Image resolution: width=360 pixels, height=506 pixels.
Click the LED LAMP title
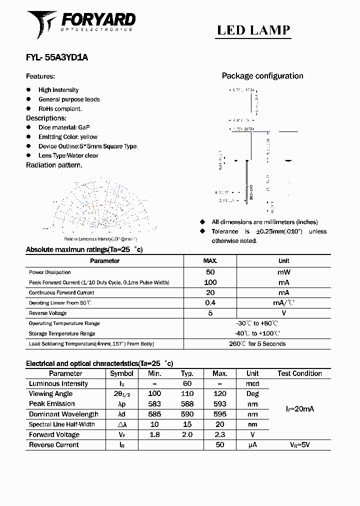click(253, 30)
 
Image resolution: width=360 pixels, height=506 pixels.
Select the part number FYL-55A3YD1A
click(57, 57)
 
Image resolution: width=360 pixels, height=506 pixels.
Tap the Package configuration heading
click(262, 76)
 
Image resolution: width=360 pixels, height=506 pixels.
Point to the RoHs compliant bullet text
click(60, 108)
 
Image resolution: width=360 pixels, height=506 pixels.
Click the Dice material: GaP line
click(64, 127)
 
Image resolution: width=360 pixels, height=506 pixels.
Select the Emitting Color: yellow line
click(68, 137)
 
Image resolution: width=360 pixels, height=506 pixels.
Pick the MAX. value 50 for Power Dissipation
click(210, 272)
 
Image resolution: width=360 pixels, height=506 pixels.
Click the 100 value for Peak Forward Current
click(210, 282)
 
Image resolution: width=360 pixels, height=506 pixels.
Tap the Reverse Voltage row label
click(47, 313)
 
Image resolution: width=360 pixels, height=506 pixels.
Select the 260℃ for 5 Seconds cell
click(257, 344)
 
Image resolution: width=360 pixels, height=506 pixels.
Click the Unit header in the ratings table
click(283, 261)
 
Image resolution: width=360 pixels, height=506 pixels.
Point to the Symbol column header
click(121, 373)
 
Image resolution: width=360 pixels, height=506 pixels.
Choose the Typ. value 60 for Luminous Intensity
click(187, 383)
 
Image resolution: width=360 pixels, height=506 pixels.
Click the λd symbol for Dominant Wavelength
click(121, 414)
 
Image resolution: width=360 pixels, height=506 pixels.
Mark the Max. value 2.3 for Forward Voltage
click(219, 434)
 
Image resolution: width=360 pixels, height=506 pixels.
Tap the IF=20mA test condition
click(299, 409)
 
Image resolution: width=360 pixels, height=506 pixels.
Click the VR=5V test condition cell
click(299, 444)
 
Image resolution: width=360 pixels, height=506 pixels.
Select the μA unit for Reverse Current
click(252, 444)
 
